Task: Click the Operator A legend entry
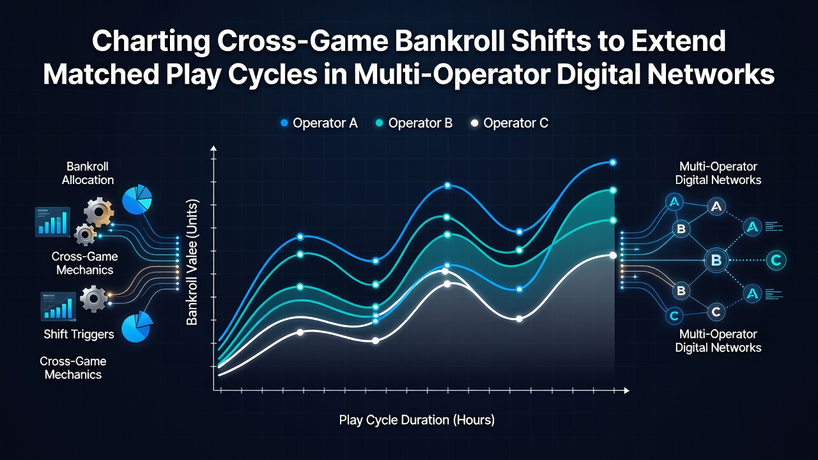(319, 123)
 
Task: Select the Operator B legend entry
(414, 123)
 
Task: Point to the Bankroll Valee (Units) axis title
(192, 262)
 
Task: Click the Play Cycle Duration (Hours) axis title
(417, 420)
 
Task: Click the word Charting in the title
(150, 42)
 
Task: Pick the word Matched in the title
(101, 75)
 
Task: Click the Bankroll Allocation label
(88, 173)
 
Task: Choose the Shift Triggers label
(79, 334)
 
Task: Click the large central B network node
(716, 260)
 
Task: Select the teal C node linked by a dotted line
(776, 260)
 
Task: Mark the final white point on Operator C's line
(613, 256)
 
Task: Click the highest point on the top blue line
(613, 162)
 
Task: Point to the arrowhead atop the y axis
(213, 148)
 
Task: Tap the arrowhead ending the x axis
(627, 390)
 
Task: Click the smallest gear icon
(85, 234)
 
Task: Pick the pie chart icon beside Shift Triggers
(137, 327)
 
